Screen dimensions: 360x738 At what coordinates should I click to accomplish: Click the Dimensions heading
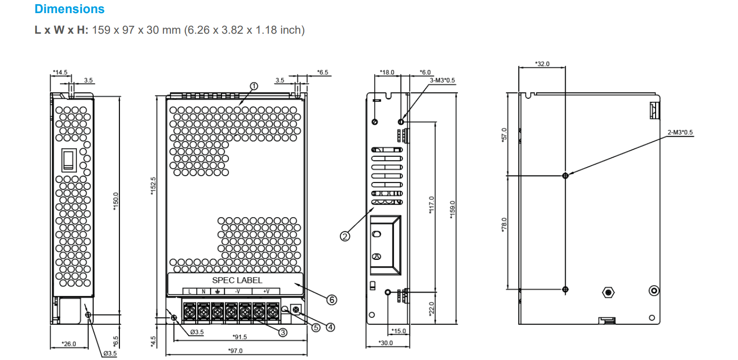69,9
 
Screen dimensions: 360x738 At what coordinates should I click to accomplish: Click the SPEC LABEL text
237,280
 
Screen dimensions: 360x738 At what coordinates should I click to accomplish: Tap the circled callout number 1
254,86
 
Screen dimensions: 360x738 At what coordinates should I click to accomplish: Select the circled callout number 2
345,236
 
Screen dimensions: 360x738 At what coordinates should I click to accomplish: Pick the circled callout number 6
332,300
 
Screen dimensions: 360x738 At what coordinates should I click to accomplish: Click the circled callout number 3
283,332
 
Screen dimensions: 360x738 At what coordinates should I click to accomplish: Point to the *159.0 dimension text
452,208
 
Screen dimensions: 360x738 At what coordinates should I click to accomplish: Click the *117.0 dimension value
431,205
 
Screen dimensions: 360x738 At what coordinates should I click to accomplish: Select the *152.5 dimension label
153,185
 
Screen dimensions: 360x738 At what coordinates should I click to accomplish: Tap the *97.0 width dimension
236,351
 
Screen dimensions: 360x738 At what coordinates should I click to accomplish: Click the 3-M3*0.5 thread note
442,81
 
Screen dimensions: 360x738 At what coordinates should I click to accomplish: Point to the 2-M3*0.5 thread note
680,132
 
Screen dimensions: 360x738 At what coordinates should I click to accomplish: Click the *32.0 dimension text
542,64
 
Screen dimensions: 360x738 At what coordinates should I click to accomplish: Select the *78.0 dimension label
504,224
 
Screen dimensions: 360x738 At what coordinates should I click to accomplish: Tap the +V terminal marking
266,292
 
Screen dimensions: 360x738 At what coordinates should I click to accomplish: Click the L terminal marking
190,292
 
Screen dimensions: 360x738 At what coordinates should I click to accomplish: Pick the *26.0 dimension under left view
69,344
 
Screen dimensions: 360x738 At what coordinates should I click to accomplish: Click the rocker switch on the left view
69,160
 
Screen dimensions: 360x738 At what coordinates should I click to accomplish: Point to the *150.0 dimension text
116,201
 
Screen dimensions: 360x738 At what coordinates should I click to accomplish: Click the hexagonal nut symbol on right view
608,293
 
